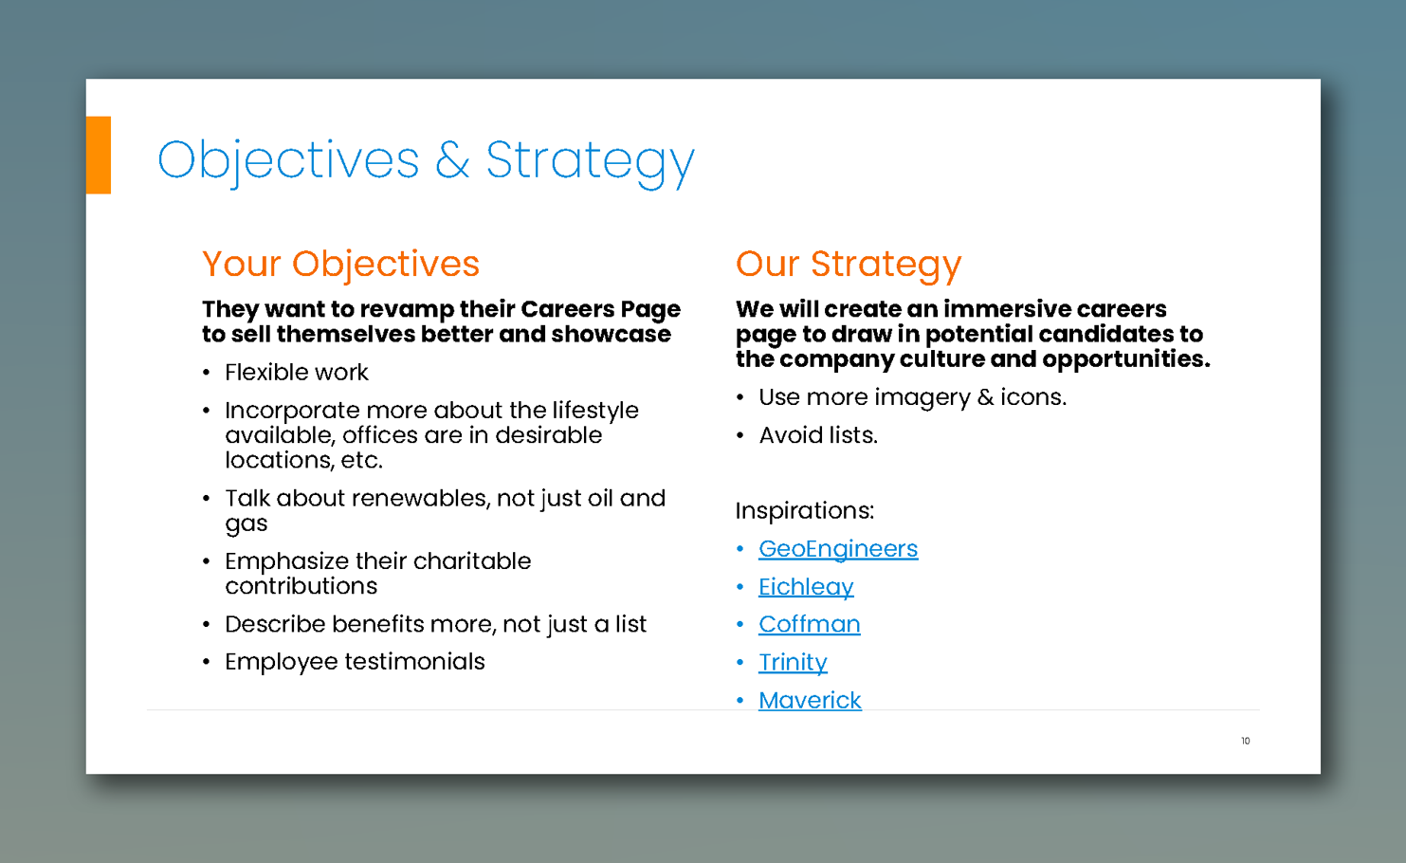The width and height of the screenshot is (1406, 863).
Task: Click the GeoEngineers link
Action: click(x=838, y=549)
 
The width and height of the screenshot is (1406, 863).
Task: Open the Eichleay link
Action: click(x=806, y=587)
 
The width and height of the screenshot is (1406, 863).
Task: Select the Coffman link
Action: click(x=809, y=625)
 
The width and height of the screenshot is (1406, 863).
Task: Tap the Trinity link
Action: click(x=793, y=662)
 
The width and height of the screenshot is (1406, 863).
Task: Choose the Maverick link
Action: click(x=810, y=700)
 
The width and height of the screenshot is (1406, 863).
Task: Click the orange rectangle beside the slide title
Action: click(x=99, y=155)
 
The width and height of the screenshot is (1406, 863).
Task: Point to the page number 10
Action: click(x=1246, y=741)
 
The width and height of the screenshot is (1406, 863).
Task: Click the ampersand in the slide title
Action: click(x=452, y=159)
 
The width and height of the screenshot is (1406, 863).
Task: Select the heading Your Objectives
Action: click(x=340, y=263)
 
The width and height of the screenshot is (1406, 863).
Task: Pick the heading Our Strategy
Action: click(x=849, y=264)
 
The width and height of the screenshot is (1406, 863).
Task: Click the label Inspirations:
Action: click(x=805, y=510)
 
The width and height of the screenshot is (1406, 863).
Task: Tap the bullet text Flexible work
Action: click(x=296, y=372)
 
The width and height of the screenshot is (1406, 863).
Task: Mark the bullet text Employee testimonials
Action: click(x=355, y=662)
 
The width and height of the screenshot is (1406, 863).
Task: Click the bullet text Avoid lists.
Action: click(x=818, y=435)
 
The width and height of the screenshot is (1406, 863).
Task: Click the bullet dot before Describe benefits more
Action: click(x=206, y=625)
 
